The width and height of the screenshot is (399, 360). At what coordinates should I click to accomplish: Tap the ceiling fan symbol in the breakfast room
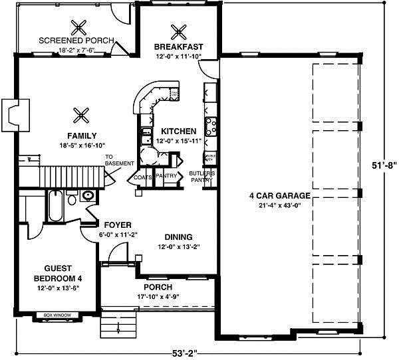[178, 31]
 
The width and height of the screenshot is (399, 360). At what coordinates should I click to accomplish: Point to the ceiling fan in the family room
[82, 114]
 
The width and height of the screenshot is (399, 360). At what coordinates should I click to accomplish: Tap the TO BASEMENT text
[119, 161]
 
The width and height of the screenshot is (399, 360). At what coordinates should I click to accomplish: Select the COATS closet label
[143, 177]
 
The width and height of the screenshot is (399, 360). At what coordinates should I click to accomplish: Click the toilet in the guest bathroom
[88, 196]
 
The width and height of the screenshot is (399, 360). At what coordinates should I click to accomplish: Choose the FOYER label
[117, 225]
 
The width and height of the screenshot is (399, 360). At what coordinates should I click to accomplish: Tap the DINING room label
[179, 237]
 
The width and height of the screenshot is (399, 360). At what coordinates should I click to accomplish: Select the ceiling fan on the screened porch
[80, 27]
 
